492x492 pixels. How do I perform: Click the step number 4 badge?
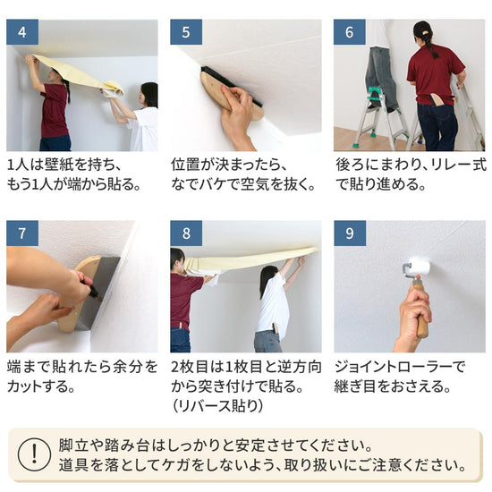21,32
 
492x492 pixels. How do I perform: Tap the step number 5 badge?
185,32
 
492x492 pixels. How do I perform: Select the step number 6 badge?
349,32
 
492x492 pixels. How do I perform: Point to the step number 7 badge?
21,234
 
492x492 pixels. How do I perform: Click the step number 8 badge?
185,234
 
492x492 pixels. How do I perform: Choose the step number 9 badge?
349,234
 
